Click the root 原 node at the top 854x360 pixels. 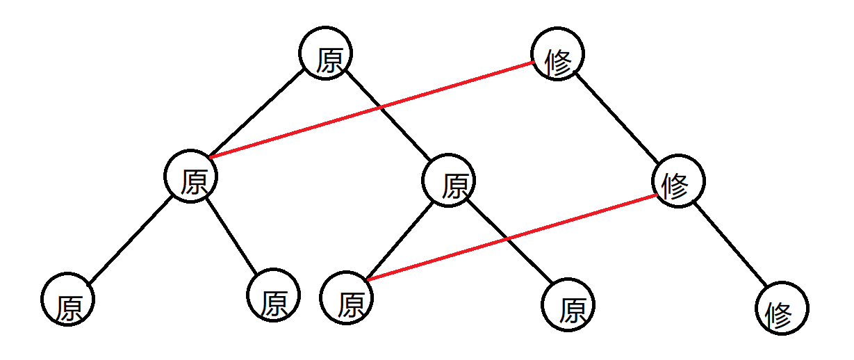(x=327, y=54)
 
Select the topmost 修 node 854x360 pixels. (x=557, y=54)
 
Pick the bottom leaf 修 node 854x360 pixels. (x=783, y=308)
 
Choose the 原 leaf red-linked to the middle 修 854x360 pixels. (x=347, y=298)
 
